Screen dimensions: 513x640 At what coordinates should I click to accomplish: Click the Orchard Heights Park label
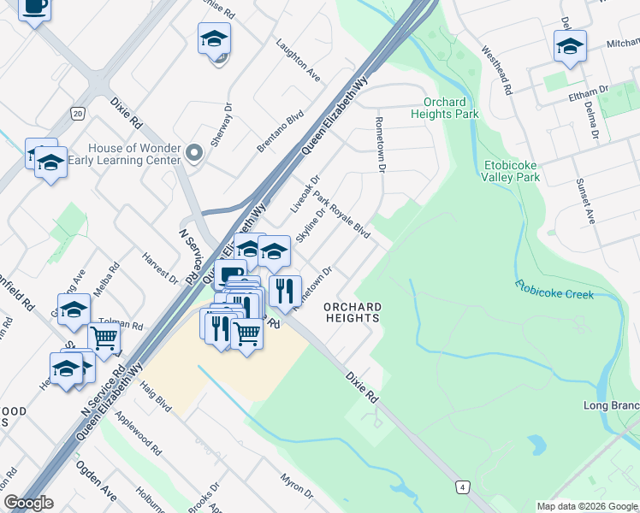443,108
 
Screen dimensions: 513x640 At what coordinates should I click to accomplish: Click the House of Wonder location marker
194,154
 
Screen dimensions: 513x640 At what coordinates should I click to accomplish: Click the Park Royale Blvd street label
341,215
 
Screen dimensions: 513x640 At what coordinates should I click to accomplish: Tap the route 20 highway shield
77,113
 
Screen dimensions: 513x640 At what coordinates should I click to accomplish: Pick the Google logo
27,503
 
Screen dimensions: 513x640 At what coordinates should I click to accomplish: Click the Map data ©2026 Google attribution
586,506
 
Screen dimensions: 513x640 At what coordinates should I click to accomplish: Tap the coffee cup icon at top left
34,8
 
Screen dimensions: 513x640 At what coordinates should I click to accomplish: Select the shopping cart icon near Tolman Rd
104,339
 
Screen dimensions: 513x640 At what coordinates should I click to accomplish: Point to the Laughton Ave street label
298,60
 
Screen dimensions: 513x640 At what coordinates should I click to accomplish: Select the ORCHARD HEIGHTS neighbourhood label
352,312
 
